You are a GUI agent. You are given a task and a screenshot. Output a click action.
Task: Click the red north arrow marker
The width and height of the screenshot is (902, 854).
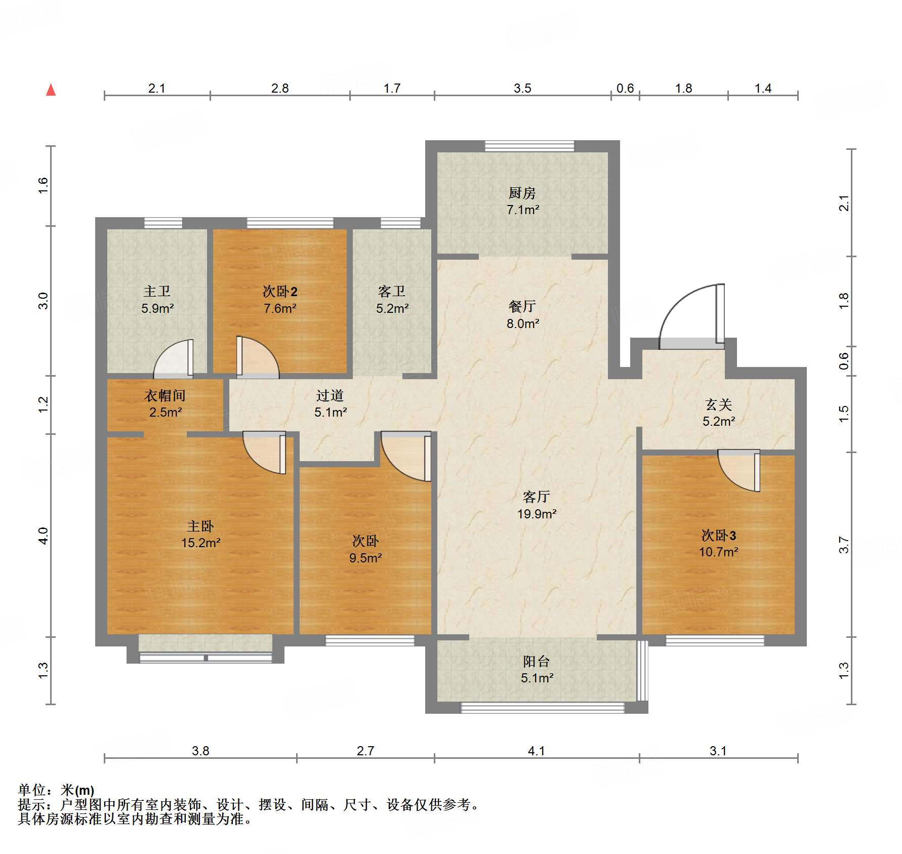51,90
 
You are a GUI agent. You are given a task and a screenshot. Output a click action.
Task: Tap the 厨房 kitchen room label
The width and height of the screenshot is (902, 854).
522,193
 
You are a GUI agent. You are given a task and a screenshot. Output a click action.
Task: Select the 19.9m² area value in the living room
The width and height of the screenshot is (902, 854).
537,514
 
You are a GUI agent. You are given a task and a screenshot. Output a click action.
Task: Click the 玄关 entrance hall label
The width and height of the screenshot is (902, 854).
718,404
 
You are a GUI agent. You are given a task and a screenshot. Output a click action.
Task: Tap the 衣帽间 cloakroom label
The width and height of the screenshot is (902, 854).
165,395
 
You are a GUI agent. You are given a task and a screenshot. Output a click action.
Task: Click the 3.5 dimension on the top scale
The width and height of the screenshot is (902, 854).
522,89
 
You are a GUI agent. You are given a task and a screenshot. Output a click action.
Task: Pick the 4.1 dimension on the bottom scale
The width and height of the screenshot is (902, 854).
536,751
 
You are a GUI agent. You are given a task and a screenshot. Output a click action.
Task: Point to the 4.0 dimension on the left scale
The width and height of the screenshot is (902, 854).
44,536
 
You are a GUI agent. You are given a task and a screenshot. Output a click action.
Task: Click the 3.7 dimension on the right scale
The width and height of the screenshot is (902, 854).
843,545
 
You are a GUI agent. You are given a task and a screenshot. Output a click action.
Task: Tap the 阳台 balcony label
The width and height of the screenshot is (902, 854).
536,661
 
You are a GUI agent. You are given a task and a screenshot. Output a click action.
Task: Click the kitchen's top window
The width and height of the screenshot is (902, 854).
529,146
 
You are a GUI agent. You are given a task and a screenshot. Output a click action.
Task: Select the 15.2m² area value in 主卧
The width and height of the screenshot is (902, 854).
200,543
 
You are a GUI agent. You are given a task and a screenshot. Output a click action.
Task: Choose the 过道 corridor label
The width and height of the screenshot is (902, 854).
330,395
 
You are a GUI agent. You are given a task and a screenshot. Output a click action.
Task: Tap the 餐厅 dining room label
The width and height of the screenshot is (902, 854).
522,306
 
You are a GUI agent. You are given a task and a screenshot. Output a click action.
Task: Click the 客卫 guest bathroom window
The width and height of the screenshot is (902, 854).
400,223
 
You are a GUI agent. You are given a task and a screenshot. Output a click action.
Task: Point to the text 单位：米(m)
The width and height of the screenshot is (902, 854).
56,790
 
